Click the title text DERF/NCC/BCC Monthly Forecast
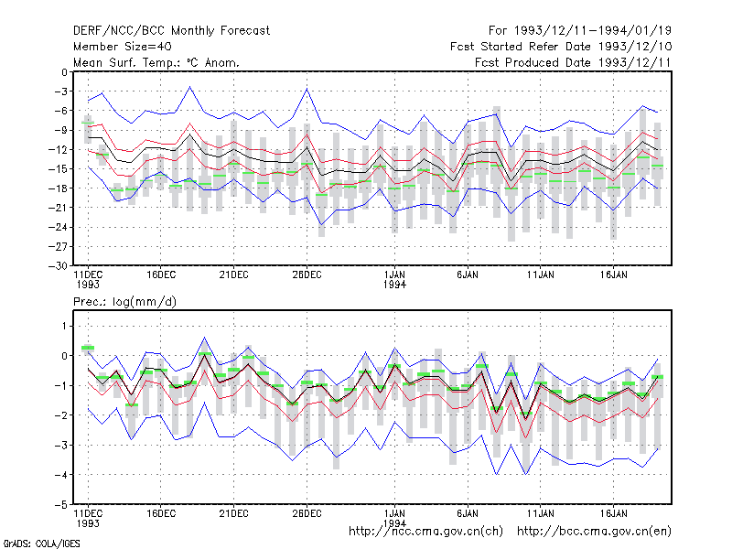(x=171, y=31)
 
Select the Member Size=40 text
(x=123, y=47)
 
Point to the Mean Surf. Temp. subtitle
(x=156, y=62)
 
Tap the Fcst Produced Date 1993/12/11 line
(x=573, y=62)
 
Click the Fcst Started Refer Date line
(x=561, y=47)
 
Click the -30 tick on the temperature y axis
(x=59, y=265)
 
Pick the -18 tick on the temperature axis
(x=59, y=188)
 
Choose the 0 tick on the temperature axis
(x=64, y=72)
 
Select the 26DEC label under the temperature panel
(x=307, y=274)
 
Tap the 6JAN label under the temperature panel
(x=468, y=274)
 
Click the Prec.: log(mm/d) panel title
(x=124, y=302)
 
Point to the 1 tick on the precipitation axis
(x=64, y=326)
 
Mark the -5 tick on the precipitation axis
(x=61, y=505)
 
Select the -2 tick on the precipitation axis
(x=61, y=415)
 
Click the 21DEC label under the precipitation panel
(x=234, y=513)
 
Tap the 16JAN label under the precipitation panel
(x=613, y=513)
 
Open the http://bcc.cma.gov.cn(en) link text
(x=594, y=532)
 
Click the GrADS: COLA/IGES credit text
(x=41, y=544)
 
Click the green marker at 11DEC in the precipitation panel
(x=88, y=348)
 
